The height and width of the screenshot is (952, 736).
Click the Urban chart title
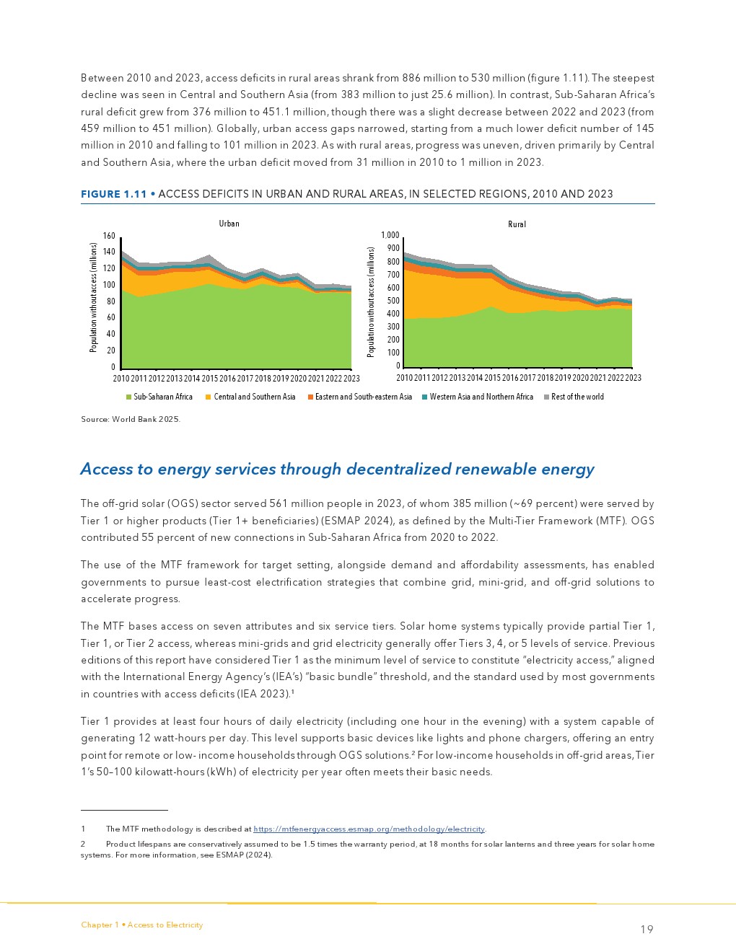pyautogui.click(x=229, y=224)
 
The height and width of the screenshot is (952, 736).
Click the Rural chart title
pyautogui.click(x=517, y=224)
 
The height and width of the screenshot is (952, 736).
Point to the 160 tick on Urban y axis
pyautogui.click(x=109, y=236)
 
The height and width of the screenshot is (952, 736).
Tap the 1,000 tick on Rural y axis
pyautogui.click(x=390, y=235)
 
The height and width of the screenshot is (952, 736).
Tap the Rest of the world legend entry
pyautogui.click(x=577, y=397)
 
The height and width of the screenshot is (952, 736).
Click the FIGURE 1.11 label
pyautogui.click(x=114, y=194)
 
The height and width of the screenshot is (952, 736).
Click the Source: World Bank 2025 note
pyautogui.click(x=131, y=419)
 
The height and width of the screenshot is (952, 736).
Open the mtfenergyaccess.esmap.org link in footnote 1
pyautogui.click(x=369, y=829)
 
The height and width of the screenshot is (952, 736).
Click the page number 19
pyautogui.click(x=647, y=930)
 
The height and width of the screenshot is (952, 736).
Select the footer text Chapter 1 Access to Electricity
pyautogui.click(x=142, y=925)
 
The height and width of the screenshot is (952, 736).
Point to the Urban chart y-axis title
pyautogui.click(x=93, y=297)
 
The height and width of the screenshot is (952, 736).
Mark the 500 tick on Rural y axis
pyautogui.click(x=393, y=301)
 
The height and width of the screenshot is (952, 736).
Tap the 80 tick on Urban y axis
pyautogui.click(x=111, y=301)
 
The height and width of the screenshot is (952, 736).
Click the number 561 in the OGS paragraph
pyautogui.click(x=279, y=503)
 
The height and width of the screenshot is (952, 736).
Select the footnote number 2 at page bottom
pyautogui.click(x=83, y=844)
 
